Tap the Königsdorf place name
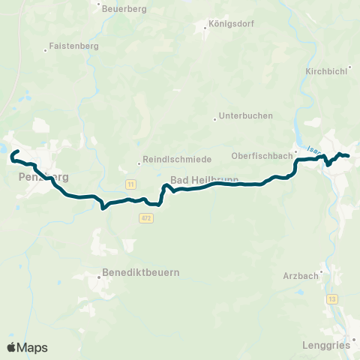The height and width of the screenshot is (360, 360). point(233,23)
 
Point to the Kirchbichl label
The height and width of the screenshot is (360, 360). point(325,71)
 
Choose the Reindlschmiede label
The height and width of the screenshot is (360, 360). point(177,160)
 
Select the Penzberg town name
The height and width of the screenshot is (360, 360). point(42,178)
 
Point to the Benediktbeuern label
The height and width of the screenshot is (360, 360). point(142,272)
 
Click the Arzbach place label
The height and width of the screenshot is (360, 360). point(300,276)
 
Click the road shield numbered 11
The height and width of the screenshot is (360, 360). point(130,184)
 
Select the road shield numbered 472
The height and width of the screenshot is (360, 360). point(145,217)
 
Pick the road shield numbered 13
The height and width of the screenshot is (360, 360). point(331,299)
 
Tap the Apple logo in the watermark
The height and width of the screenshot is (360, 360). point(11,347)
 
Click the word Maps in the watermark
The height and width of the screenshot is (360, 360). point(32,347)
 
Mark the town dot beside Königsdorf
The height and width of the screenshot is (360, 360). point(206,29)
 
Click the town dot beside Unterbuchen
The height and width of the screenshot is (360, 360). point(214,116)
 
